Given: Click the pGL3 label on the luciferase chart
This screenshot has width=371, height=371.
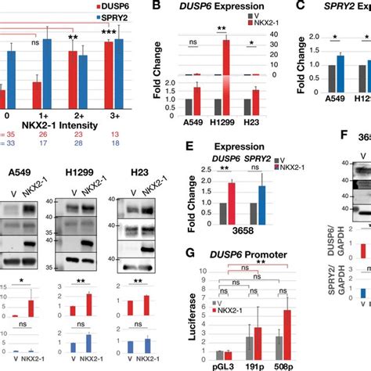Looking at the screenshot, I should (x=203, y=364).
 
